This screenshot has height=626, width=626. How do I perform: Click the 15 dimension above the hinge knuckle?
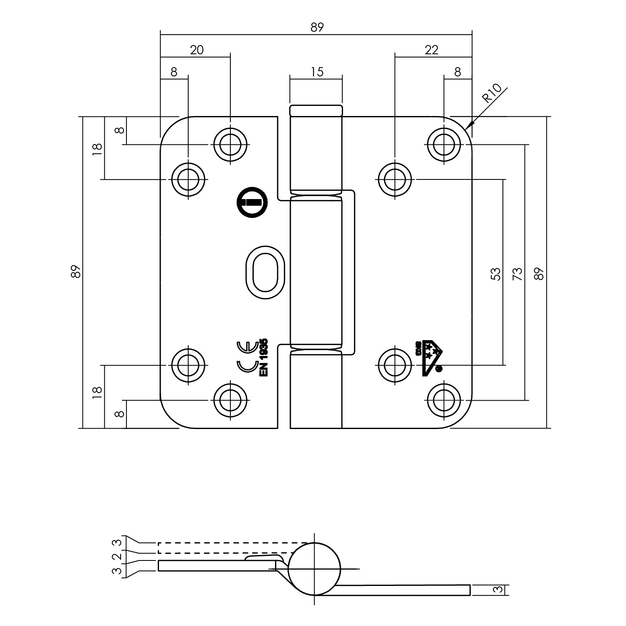[317, 72]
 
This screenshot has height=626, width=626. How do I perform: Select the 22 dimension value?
[432, 50]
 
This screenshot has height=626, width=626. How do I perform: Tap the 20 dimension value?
[197, 50]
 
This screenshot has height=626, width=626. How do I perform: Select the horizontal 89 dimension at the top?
[317, 28]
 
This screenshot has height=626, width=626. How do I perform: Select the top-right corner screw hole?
[444, 144]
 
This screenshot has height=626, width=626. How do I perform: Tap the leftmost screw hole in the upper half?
[188, 179]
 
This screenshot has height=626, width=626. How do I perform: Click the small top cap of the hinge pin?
[316, 111]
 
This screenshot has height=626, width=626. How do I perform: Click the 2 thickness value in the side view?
[119, 557]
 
